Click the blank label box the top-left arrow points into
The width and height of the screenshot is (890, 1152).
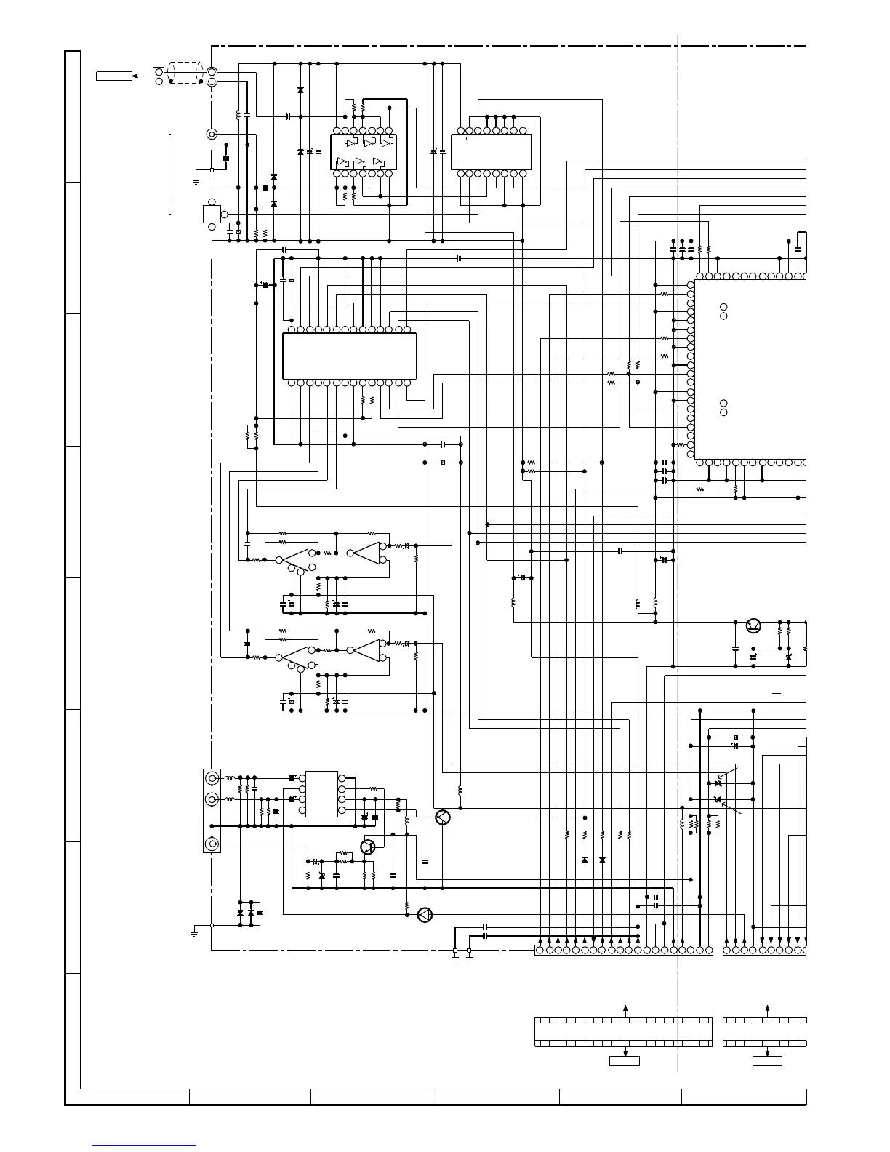click(114, 76)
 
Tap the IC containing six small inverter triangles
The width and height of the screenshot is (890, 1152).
click(362, 153)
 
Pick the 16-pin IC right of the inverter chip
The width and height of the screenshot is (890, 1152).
click(491, 152)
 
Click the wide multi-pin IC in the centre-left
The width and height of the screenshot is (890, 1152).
click(349, 356)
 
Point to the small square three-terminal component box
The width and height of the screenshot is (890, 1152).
click(212, 214)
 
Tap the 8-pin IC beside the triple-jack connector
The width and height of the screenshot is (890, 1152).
click(321, 793)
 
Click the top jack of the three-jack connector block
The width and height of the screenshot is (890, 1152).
click(212, 778)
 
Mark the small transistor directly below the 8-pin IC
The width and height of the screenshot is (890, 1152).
click(368, 847)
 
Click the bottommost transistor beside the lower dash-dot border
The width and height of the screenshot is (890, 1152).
click(425, 915)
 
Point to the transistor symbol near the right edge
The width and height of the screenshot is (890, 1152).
click(753, 625)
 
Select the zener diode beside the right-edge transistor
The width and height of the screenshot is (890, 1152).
click(789, 657)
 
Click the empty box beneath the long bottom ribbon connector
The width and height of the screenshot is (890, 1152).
click(624, 1061)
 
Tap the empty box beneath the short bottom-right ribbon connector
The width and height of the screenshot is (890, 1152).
click(767, 1061)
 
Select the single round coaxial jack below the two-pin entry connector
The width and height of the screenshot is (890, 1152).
click(212, 135)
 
